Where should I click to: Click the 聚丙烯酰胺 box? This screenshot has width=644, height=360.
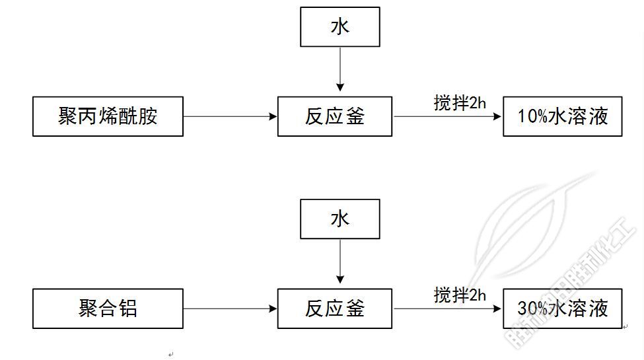coord(108,117)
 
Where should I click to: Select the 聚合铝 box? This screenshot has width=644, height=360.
coord(108,308)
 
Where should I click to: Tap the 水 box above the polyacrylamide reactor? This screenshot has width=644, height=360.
coord(340,27)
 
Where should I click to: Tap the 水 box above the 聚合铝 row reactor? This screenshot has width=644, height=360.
coord(340,219)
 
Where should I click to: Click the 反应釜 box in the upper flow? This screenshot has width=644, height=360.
coord(334,117)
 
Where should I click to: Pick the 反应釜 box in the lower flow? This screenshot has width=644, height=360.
coord(334,308)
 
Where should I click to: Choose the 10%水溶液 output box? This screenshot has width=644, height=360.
coord(562,117)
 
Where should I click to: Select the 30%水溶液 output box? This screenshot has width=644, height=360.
coord(562,308)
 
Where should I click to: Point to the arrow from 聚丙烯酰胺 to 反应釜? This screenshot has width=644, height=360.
coord(230,117)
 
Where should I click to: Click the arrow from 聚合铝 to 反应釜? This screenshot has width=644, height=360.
coord(230,308)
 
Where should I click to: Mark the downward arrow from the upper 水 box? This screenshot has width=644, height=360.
coord(340,69)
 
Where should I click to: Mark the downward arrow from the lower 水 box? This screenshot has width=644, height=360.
coord(340,260)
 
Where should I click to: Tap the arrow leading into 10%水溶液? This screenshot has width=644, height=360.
coord(448,117)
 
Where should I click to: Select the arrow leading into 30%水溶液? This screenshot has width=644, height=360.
coord(448,308)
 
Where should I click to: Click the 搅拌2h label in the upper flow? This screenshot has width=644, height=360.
coord(460,103)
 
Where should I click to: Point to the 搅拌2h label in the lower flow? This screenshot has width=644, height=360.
coord(460,295)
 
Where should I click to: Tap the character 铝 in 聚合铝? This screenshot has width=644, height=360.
coord(127,308)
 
